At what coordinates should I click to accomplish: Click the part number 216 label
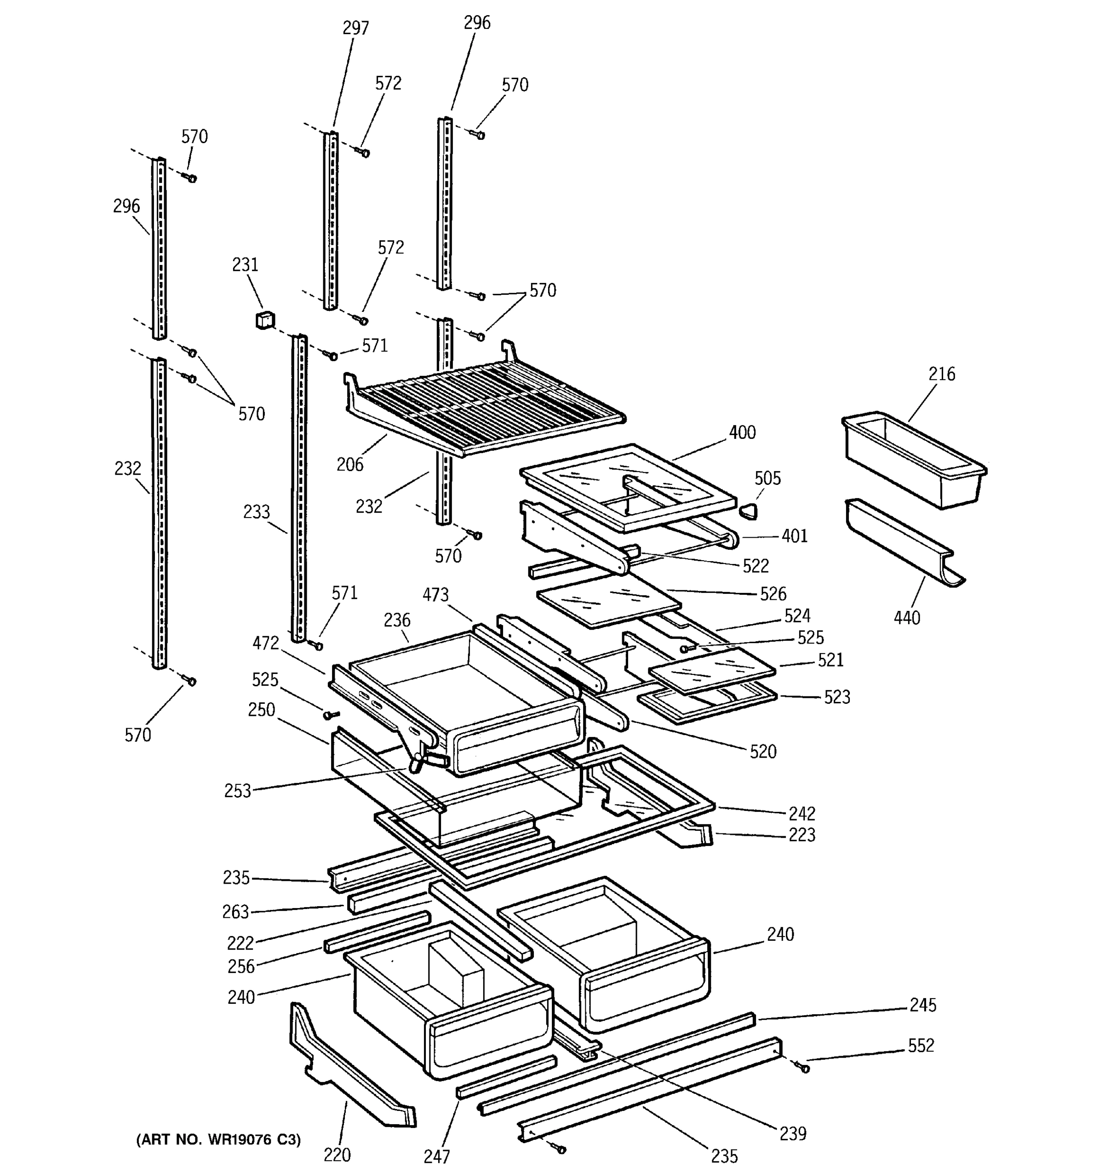click(x=941, y=374)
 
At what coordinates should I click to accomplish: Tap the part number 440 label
click(x=906, y=618)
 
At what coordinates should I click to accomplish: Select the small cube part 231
click(x=265, y=321)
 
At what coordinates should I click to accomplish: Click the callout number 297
click(x=356, y=28)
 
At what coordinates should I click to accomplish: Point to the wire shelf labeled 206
click(x=484, y=407)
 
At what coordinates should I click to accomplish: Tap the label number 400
click(x=742, y=433)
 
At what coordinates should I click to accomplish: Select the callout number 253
click(x=237, y=791)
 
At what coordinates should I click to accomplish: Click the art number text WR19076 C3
click(x=218, y=1140)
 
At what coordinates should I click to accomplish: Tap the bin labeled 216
click(x=914, y=460)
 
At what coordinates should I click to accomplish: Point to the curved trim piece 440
click(x=902, y=543)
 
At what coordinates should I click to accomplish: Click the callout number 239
click(x=792, y=1133)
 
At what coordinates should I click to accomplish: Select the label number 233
click(x=256, y=512)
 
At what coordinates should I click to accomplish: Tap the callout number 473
click(x=435, y=595)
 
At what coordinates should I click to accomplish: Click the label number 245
click(x=922, y=1005)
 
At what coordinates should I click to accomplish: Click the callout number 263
click(x=235, y=912)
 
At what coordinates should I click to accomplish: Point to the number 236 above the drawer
click(x=397, y=620)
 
